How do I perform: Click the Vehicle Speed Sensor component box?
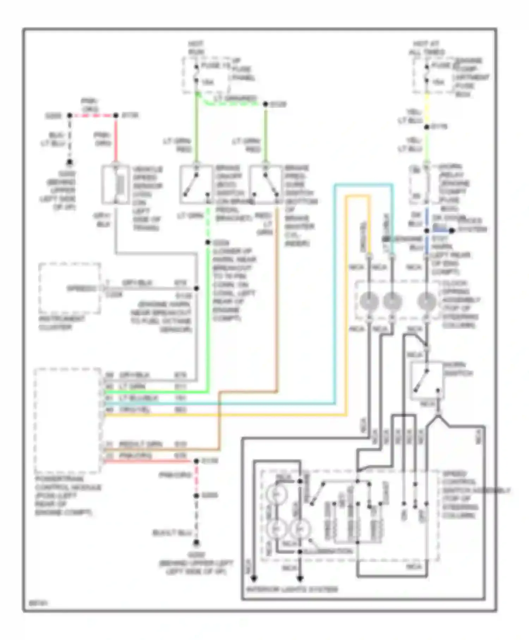coord(115,185)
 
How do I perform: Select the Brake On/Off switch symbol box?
coord(196,185)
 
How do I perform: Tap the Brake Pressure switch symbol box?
coord(265,185)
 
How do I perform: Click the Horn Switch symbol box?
coord(426,380)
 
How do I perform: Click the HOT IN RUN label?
coord(195,48)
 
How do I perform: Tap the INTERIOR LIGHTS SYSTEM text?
coord(292,589)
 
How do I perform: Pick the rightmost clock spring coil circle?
coord(426,302)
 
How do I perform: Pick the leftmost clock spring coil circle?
coord(369,302)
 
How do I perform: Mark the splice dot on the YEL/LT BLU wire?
coord(426,127)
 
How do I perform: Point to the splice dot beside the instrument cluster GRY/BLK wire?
coord(196,288)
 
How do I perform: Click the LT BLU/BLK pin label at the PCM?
coord(134,398)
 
